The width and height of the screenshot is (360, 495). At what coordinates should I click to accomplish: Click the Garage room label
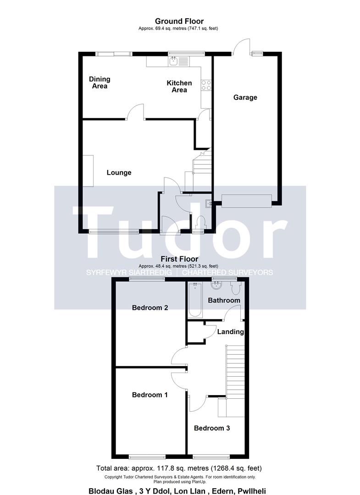(x=245, y=97)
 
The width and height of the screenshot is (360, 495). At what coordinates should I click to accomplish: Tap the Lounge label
(x=119, y=173)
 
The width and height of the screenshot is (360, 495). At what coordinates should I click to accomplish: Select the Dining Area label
(x=100, y=82)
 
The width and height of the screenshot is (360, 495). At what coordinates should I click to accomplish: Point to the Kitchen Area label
(x=179, y=86)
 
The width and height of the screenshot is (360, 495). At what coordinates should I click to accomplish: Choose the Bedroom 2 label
(x=150, y=308)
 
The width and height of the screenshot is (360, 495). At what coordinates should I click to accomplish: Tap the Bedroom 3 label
(x=211, y=428)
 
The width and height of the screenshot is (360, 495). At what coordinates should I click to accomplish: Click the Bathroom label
(x=224, y=300)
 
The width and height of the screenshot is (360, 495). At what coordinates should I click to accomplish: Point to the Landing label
(x=230, y=331)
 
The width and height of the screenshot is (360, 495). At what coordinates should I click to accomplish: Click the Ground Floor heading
(x=179, y=21)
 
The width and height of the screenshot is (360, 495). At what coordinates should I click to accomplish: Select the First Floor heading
(x=179, y=259)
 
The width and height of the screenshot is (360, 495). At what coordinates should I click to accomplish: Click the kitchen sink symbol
(x=174, y=61)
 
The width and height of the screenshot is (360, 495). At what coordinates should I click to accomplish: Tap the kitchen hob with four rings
(x=206, y=85)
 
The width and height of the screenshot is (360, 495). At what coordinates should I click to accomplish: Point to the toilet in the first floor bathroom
(x=236, y=287)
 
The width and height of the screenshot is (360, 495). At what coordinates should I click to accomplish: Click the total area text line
(x=179, y=468)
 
